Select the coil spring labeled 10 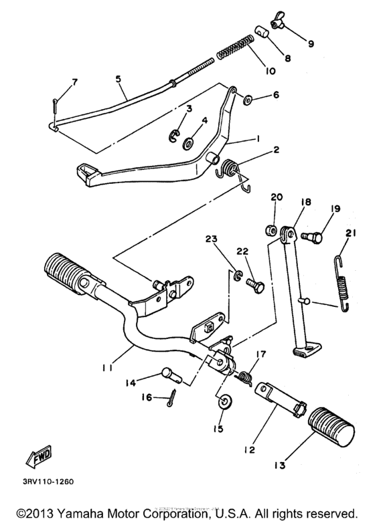[x=234, y=50]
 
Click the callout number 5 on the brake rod [x=118, y=78]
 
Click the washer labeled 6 [x=246, y=99]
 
